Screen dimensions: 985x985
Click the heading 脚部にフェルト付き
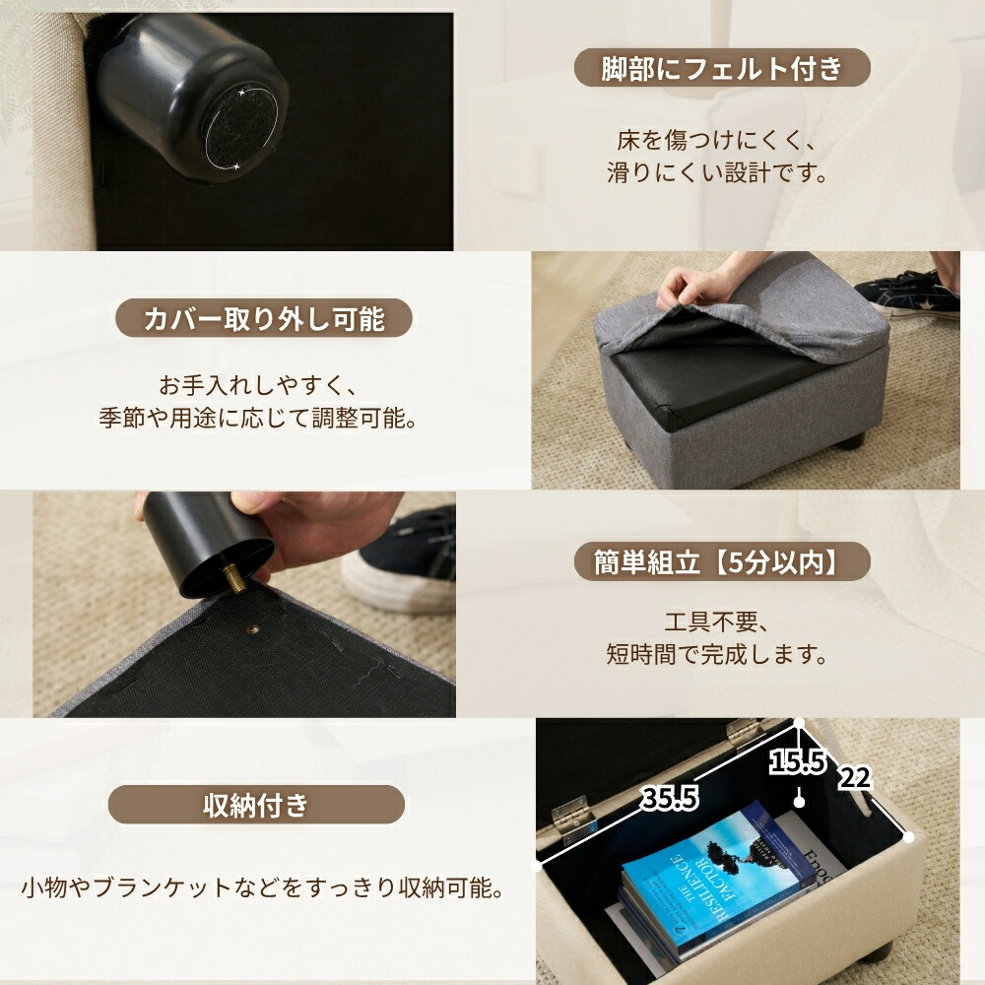722,69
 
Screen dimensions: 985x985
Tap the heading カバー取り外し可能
264,318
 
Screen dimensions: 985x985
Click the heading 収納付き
256,804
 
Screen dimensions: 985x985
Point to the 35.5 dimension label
670,799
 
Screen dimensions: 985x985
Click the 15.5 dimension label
797,762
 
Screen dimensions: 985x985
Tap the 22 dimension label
855,778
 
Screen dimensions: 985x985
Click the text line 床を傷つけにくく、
717,140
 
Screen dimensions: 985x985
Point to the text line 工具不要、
717,622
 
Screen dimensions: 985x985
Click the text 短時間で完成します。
717,654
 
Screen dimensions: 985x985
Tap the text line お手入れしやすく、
257,385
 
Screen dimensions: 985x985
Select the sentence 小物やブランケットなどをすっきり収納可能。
263,887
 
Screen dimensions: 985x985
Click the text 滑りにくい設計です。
717,172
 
